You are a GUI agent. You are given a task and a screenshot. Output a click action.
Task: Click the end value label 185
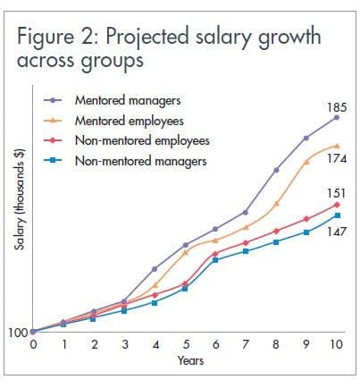point(338,105)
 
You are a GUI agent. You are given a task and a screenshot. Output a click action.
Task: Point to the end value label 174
point(338,158)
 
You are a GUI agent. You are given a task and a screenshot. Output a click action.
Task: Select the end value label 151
point(338,192)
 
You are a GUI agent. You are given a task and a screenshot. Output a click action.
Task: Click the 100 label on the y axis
point(18,333)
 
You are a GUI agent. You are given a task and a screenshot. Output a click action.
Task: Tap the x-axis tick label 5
point(185,344)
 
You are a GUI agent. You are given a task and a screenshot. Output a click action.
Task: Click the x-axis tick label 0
point(33,344)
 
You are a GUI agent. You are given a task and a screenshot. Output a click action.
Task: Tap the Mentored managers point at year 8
point(276,170)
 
